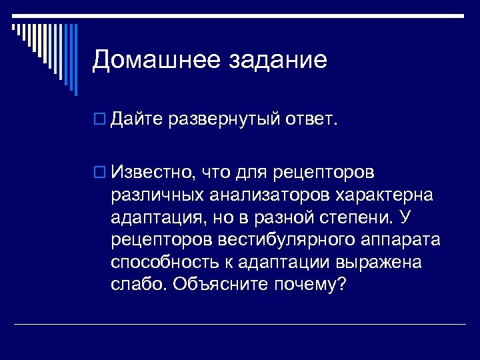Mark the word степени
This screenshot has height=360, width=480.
[x=364, y=218]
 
